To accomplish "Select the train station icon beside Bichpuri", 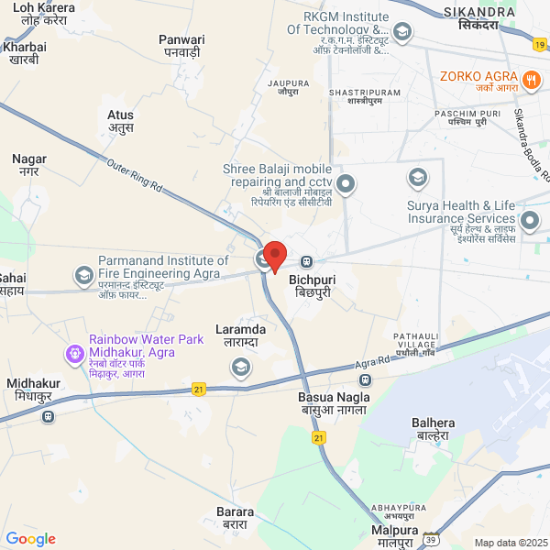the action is click(x=307, y=260).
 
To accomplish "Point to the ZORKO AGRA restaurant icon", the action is click(x=531, y=81).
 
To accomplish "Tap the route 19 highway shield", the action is click(x=541, y=44).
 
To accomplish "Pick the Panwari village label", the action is click(x=181, y=46).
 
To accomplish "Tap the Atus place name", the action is click(x=121, y=122).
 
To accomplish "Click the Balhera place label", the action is click(x=434, y=429).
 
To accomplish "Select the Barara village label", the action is click(x=236, y=518).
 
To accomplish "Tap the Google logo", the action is click(x=31, y=539).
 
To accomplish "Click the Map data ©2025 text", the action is click(x=510, y=543).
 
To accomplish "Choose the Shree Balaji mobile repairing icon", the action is click(x=346, y=185).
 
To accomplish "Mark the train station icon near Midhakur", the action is click(x=48, y=415).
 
